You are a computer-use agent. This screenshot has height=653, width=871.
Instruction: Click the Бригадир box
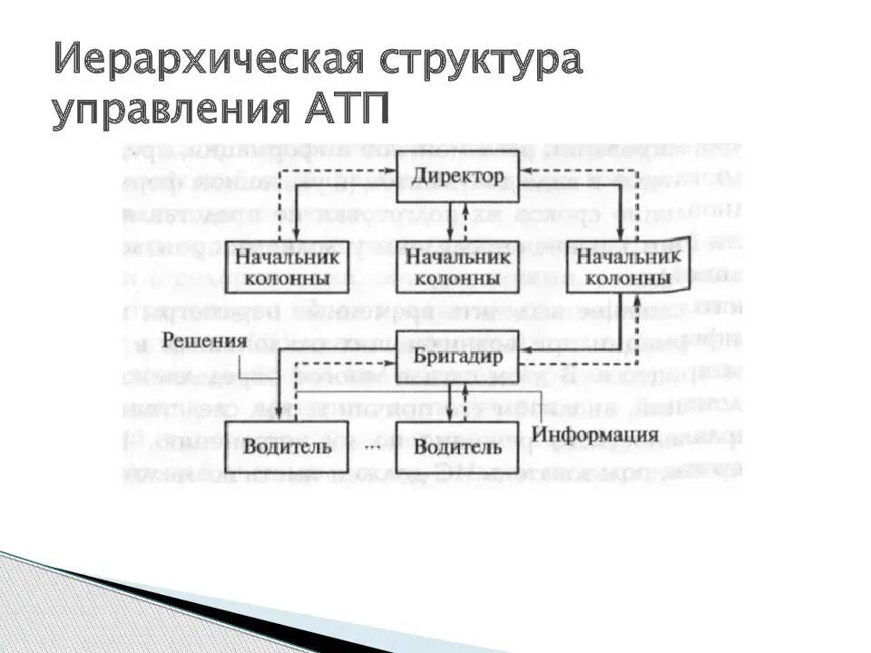pos(459,357)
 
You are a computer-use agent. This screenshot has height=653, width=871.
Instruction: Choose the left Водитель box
pos(287,446)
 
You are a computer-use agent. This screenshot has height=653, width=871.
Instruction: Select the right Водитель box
pos(459,446)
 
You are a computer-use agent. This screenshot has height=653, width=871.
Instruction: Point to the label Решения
pos(206,342)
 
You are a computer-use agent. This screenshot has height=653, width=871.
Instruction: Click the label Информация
pos(595,433)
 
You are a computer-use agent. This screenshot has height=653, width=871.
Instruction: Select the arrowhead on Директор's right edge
pos(524,170)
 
